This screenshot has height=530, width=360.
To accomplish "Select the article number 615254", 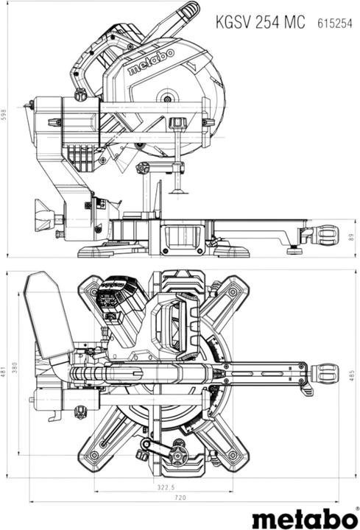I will [335, 24].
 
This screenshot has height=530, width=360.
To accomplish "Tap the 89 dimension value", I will [351, 238].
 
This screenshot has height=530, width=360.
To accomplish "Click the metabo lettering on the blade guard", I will [151, 62].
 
